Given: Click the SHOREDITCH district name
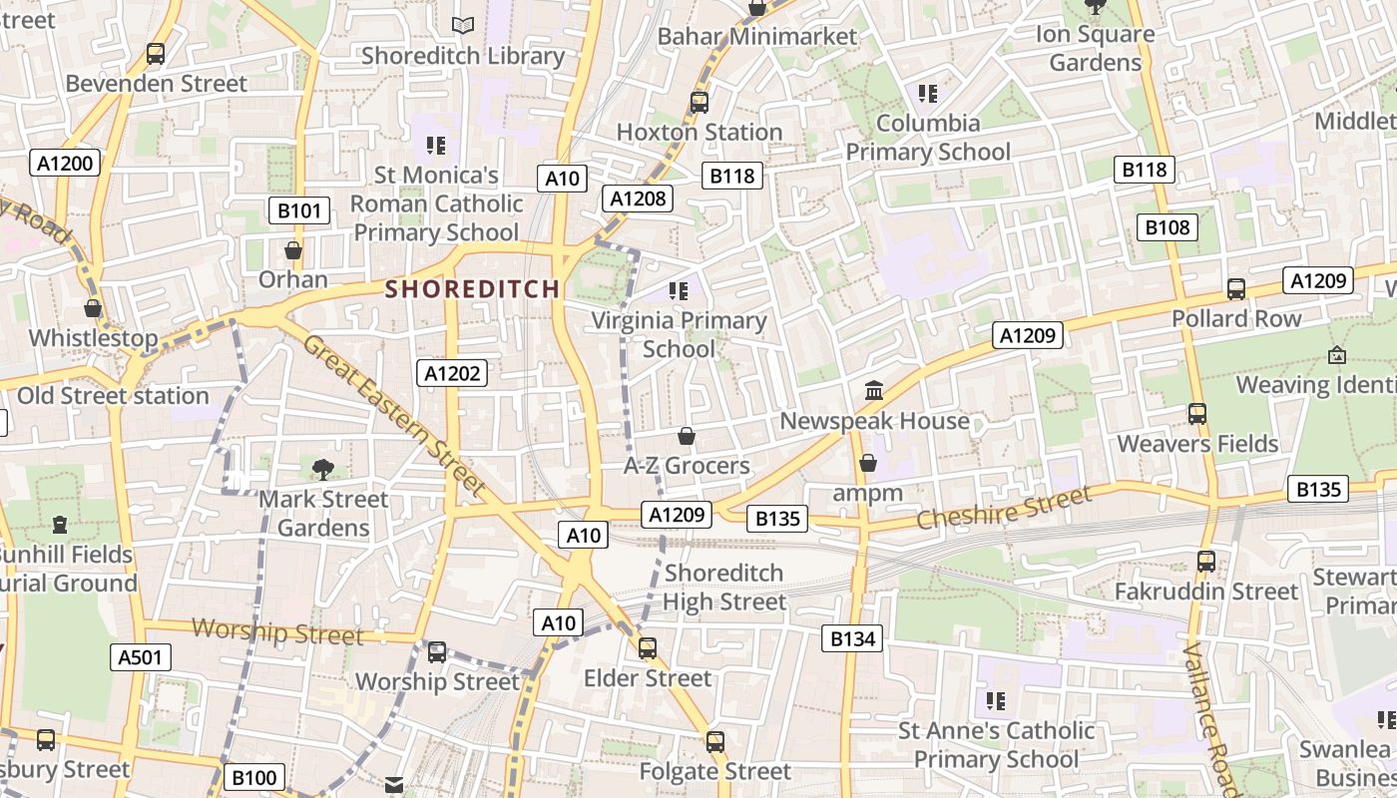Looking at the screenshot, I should [x=472, y=289].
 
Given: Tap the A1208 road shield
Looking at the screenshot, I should [x=638, y=199].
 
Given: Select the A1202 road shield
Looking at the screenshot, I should [x=453, y=374].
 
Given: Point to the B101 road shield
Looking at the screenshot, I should [x=299, y=210].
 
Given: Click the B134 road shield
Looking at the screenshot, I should [x=853, y=638].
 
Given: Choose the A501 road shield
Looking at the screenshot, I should [x=140, y=656].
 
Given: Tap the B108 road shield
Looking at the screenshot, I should [x=1166, y=227].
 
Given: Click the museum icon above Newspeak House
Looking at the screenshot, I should [x=874, y=391].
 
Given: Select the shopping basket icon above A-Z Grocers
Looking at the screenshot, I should [x=687, y=436].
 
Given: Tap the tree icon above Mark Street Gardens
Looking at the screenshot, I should [x=322, y=469].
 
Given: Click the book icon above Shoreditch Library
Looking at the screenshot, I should [x=462, y=26].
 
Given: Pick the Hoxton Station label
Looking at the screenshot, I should [x=698, y=132].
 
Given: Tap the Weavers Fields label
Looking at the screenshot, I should [x=1197, y=444].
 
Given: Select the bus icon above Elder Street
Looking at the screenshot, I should [x=648, y=648].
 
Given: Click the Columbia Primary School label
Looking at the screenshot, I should [x=928, y=138].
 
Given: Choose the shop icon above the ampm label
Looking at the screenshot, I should [x=868, y=463].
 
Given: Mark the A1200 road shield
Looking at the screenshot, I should [x=66, y=164].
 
